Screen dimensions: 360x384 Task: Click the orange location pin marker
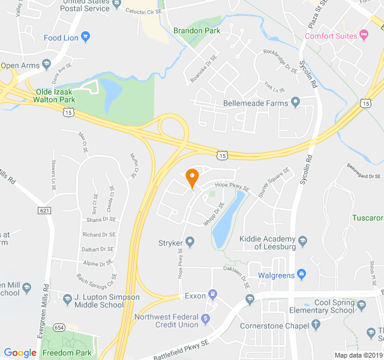(x=191, y=178)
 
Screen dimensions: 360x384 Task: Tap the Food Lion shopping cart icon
(x=85, y=37)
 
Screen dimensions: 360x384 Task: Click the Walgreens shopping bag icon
(x=302, y=275)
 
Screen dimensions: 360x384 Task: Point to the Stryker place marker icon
(x=190, y=242)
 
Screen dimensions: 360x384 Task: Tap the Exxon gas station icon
(x=212, y=295)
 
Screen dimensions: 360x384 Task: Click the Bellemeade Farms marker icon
(x=295, y=103)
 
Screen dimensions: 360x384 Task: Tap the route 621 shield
(x=44, y=211)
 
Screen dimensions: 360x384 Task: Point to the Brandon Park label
(x=196, y=31)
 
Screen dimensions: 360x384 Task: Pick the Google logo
(x=20, y=353)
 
